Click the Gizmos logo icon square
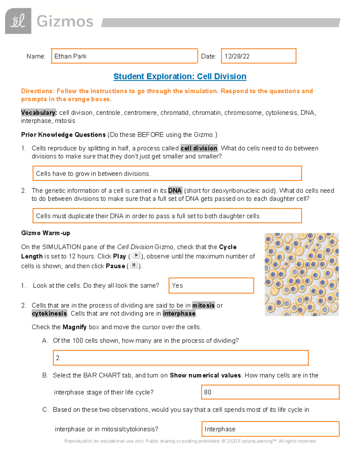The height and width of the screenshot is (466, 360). [18, 21]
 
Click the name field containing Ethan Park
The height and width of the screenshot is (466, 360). [124, 56]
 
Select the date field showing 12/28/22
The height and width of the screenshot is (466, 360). [258, 56]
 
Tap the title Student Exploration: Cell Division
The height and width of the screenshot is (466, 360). [180, 77]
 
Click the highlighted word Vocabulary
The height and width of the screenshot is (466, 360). [39, 113]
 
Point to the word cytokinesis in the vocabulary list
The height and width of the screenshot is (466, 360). [282, 113]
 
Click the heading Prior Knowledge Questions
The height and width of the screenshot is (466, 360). [63, 135]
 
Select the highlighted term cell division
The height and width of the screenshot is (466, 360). [199, 148]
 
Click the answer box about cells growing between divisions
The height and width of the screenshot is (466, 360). [167, 173]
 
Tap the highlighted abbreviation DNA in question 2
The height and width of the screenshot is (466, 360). [175, 191]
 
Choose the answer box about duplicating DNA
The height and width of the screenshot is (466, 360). [167, 216]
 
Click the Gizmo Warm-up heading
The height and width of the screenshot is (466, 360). [46, 233]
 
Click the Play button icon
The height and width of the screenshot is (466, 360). [136, 256]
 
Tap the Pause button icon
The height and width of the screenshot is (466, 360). [134, 265]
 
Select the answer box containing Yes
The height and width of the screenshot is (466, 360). [211, 285]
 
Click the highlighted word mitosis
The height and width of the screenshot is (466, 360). [203, 305]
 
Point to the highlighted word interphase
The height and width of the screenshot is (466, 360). [179, 314]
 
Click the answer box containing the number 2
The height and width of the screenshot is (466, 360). [181, 358]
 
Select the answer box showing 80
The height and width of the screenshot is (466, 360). [270, 392]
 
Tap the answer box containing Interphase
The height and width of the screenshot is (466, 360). [270, 429]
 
